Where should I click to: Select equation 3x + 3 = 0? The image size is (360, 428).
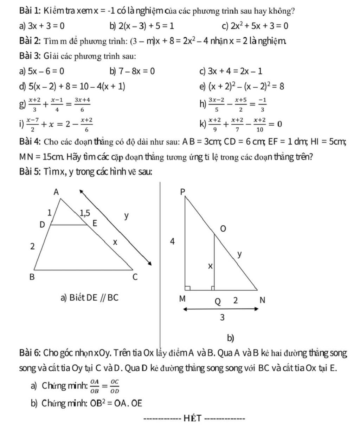[x=46, y=26]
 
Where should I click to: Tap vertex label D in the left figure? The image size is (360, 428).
[x=42, y=225]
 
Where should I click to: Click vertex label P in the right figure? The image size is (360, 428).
[x=182, y=192]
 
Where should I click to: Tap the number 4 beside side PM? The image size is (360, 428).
[x=172, y=242]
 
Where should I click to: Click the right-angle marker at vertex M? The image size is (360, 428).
[x=188, y=288]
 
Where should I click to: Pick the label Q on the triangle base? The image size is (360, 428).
[x=218, y=301]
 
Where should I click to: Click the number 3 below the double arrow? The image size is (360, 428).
[x=222, y=317]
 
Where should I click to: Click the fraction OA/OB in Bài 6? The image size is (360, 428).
[x=95, y=386]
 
